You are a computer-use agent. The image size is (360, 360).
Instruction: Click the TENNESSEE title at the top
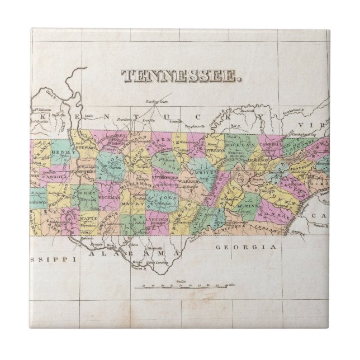[x=182, y=76]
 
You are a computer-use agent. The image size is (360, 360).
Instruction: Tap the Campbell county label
[x=272, y=144]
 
